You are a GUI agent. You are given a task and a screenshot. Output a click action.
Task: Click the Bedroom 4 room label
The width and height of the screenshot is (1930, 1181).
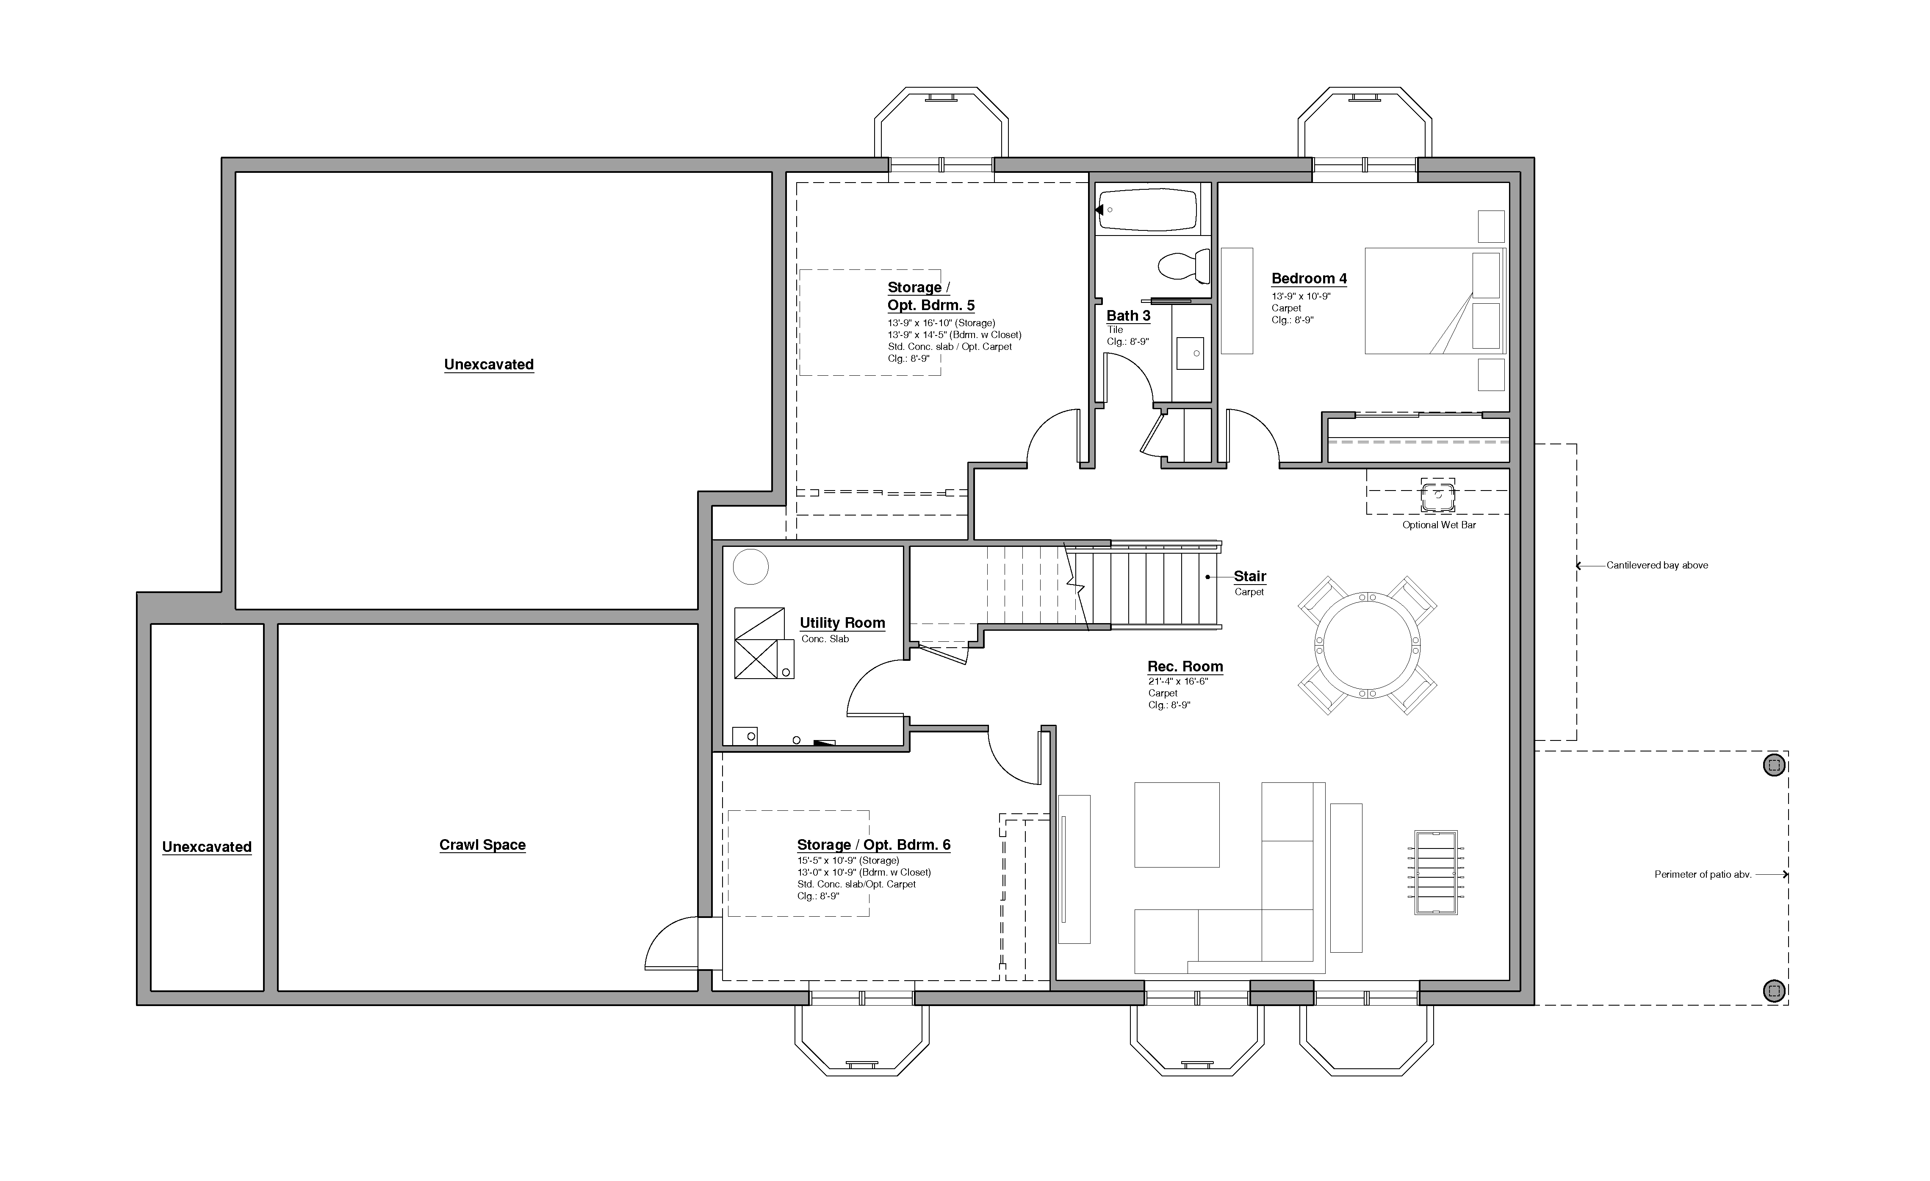tap(1309, 278)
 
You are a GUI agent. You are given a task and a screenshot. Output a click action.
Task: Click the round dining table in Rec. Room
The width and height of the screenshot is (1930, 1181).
tap(1367, 645)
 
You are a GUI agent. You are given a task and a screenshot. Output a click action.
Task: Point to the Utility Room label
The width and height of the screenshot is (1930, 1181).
tap(842, 623)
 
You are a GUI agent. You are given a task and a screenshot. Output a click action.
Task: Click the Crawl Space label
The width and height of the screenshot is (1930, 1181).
tap(482, 845)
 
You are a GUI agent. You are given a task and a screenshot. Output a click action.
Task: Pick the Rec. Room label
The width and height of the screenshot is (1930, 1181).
tap(1185, 667)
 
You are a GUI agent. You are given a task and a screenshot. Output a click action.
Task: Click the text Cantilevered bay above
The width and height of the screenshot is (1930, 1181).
tap(1657, 565)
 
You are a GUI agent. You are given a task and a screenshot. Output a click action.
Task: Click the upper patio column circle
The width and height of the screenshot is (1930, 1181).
tap(1774, 765)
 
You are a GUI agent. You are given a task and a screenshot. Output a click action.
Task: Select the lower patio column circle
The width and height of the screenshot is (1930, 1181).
tap(1774, 990)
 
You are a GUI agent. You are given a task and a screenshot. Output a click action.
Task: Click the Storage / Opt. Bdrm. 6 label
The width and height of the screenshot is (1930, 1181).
tap(873, 845)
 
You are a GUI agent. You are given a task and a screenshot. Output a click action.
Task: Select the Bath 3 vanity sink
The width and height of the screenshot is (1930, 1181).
tap(1191, 353)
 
